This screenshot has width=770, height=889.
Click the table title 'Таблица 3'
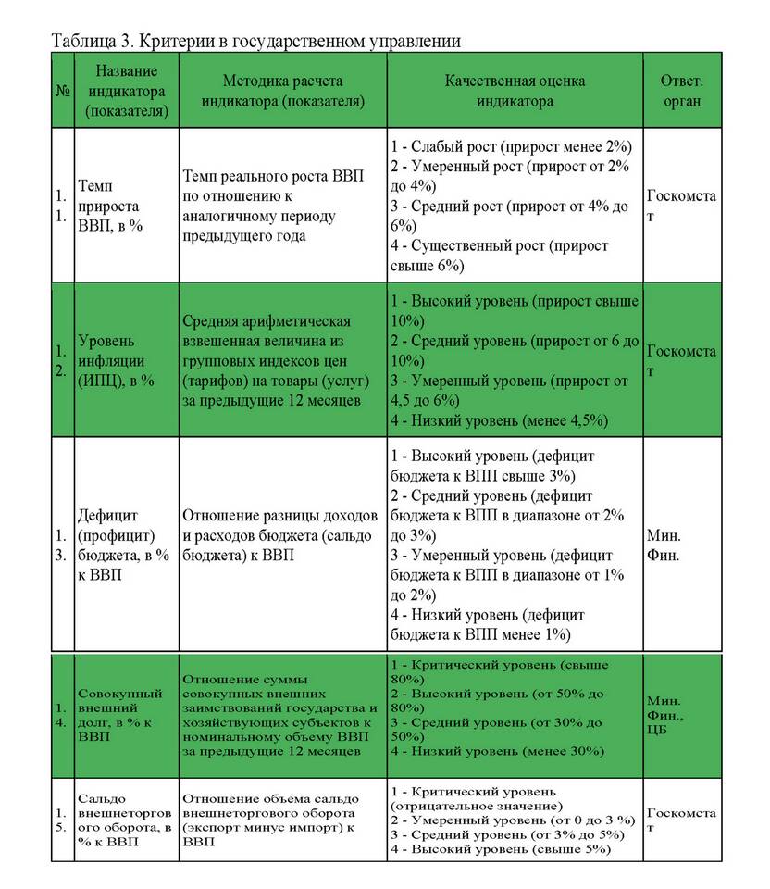[255, 41]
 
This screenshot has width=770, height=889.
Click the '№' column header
[63, 92]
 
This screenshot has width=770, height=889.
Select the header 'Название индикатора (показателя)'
[125, 91]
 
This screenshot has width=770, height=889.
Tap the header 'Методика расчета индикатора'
[281, 91]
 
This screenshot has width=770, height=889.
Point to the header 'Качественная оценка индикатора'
[515, 91]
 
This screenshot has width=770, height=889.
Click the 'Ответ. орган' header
[681, 91]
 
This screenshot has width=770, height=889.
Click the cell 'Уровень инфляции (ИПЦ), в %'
[116, 359]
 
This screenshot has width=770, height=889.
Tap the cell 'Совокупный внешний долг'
[120, 714]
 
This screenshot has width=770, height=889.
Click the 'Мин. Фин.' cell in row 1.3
[664, 545]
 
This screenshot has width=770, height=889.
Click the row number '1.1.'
[61, 206]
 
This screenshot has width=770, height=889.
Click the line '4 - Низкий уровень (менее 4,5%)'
[500, 420]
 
